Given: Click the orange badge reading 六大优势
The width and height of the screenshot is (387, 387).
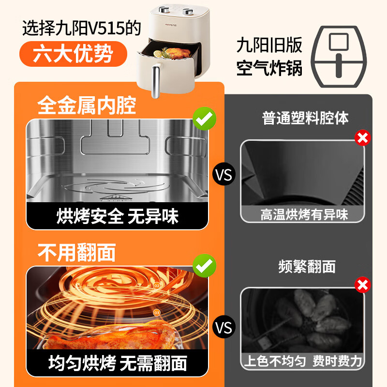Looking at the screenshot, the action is [74, 54].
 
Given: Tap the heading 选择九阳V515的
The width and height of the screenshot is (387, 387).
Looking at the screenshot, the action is [82, 28].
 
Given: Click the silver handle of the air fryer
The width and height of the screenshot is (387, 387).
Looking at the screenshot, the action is [155, 81].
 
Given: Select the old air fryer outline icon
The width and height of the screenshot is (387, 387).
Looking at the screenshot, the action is [339, 57].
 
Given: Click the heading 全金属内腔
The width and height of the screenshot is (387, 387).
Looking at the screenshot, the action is [87, 105].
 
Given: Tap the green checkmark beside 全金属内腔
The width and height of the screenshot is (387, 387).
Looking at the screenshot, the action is [204, 119].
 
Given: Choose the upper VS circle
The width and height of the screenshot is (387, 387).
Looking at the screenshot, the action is [224, 175].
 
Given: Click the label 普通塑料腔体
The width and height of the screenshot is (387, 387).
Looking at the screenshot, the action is [305, 118].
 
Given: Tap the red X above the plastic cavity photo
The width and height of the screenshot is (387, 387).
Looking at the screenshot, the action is [362, 138].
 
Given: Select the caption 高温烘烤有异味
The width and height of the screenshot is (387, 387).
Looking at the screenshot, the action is [304, 214].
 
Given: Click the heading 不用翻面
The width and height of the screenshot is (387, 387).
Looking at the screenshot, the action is [77, 252].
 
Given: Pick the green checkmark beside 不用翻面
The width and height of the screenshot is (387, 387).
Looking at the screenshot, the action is [204, 266].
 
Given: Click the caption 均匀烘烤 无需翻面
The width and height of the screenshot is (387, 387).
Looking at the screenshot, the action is [118, 363].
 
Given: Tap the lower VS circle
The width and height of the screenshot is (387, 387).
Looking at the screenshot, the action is [224, 327].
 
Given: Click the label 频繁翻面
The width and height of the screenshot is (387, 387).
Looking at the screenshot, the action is [307, 267].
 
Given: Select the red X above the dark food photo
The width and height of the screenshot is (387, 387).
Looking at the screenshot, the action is [362, 285].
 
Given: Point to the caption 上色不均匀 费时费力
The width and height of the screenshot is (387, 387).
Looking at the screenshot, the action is [303, 361].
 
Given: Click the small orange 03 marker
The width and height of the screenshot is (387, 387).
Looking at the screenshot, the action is [157, 313].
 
